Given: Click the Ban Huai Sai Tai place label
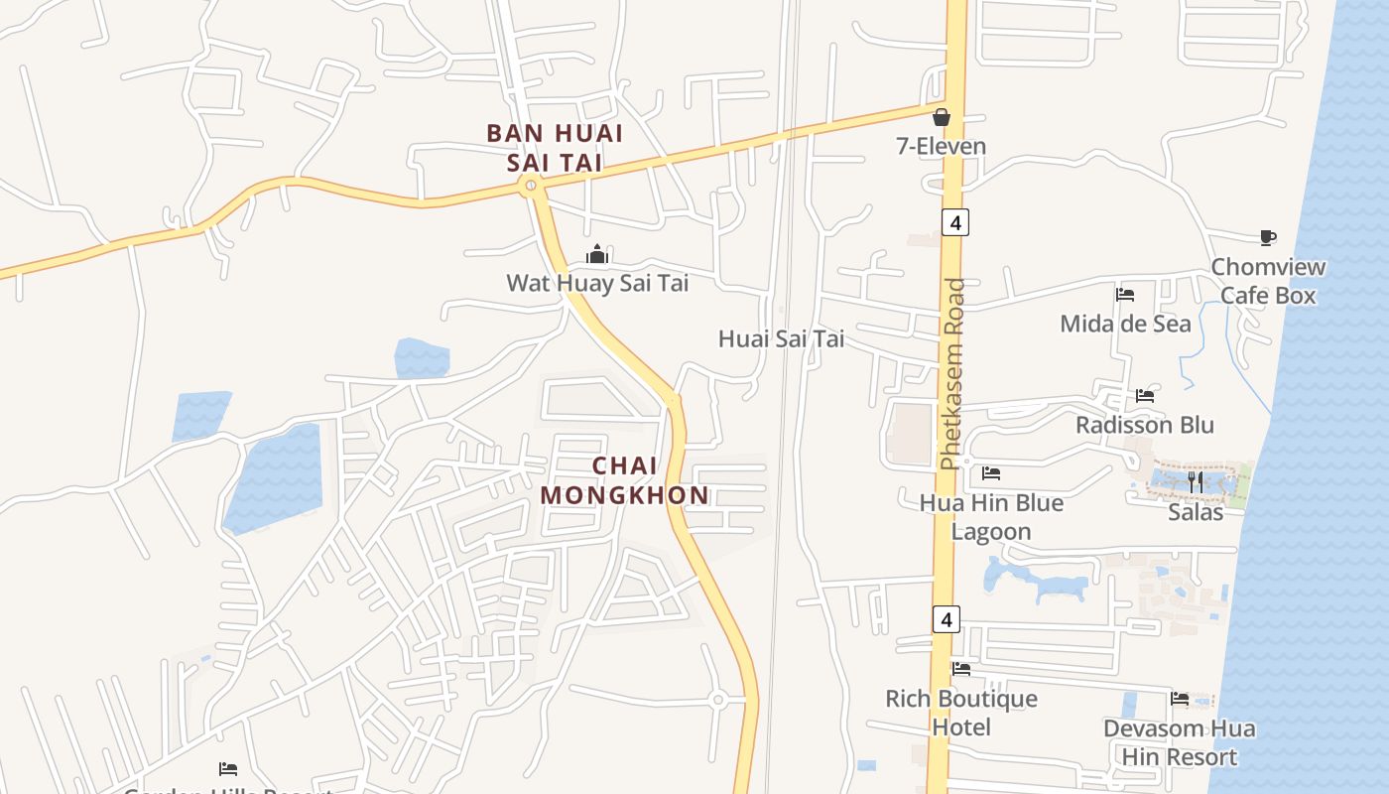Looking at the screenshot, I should click(x=555, y=148).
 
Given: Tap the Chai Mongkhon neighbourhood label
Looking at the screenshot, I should click(x=625, y=480).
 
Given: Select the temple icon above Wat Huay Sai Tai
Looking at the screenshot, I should click(x=596, y=255).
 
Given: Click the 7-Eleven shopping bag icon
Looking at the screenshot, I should click(x=942, y=117).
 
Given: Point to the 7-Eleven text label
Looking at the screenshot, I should click(x=942, y=147).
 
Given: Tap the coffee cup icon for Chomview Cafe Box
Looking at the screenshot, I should click(x=1267, y=237).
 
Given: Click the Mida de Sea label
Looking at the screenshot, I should click(x=1125, y=324).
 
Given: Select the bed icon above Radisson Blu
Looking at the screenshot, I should click(x=1145, y=396).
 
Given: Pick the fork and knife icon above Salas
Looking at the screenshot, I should click(x=1196, y=482).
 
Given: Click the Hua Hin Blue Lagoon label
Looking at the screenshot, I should click(x=991, y=517).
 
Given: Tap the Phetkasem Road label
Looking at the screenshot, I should click(x=953, y=373).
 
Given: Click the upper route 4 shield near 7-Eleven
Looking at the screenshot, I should click(x=954, y=222).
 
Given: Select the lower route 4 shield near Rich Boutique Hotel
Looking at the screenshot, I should click(x=947, y=620).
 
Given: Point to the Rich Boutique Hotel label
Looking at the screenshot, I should click(x=961, y=713).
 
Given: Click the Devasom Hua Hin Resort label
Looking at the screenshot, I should click(x=1179, y=742).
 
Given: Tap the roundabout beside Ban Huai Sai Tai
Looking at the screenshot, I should click(x=532, y=185).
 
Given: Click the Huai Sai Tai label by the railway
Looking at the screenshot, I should click(x=781, y=339).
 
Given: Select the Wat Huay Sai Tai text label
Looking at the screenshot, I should click(x=597, y=283).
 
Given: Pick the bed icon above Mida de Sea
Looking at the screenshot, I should click(x=1125, y=295).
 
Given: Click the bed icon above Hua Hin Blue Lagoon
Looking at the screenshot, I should click(x=991, y=473).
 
